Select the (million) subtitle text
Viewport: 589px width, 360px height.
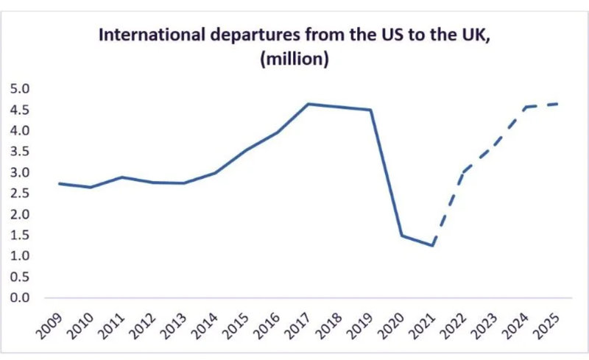click(294, 60)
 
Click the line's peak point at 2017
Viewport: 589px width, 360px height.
click(308, 104)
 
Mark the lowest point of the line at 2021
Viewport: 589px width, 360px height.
click(433, 246)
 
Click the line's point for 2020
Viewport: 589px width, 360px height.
click(402, 236)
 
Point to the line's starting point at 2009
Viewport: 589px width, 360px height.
click(60, 183)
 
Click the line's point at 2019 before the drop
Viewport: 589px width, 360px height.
click(371, 110)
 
